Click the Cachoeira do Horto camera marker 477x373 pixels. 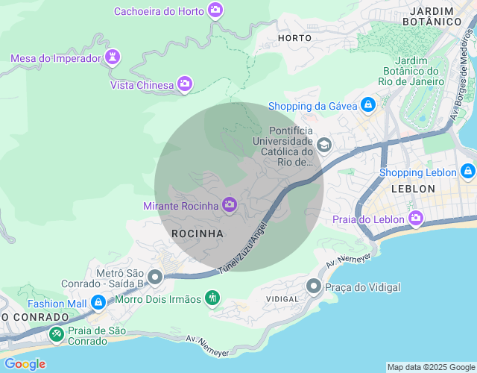pos(215,10)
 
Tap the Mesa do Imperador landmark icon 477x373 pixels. pos(113,57)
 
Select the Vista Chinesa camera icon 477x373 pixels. pos(185,84)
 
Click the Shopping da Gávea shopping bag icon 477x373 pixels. pos(367,105)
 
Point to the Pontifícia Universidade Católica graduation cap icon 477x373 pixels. pos(323,144)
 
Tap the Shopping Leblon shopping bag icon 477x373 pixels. pos(467,172)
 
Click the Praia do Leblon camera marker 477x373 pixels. pos(415,219)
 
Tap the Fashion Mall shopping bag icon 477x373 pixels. pos(98,303)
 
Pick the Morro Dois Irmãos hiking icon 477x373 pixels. pos(212,298)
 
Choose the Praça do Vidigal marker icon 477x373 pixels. pos(314,286)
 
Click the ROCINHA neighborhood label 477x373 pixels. pos(198,233)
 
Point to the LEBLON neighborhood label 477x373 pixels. pos(412,189)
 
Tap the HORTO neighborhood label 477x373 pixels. pos(294,37)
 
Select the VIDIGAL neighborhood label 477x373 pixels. pos(282,299)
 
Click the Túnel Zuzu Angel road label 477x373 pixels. pos(242,248)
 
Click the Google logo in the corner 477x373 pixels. pos(25,364)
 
